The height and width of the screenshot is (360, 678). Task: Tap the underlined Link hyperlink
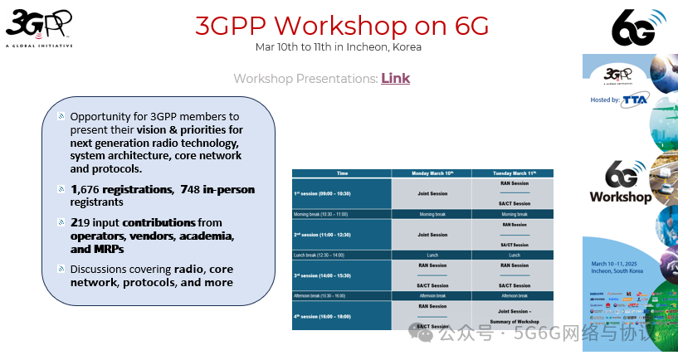(395, 79)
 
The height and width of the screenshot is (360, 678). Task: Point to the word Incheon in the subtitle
(377, 46)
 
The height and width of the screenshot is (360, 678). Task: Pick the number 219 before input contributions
(83, 223)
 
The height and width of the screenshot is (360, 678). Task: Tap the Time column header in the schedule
(342, 173)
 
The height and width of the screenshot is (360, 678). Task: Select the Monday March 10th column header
(432, 173)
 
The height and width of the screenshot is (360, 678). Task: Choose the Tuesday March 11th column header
(515, 173)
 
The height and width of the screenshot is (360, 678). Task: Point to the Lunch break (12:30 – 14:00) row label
(319, 255)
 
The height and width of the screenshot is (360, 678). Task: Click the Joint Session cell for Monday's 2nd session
(432, 235)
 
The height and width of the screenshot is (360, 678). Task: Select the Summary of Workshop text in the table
(515, 321)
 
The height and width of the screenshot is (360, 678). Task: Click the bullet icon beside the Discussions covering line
(61, 269)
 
